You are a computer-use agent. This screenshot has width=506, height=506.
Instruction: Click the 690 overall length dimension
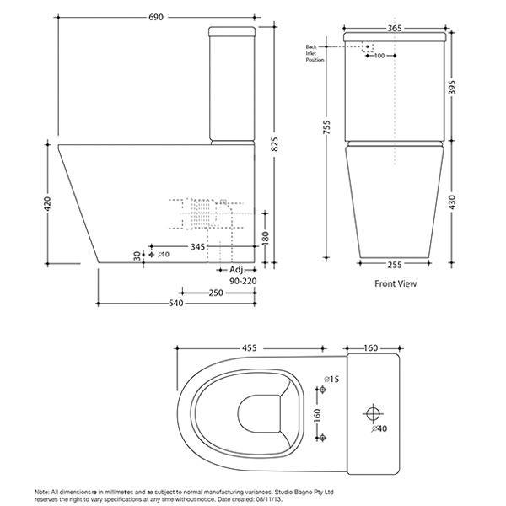tap(159, 16)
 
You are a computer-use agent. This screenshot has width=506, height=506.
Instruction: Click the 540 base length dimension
tap(175, 303)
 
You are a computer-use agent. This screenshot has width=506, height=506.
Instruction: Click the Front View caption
tap(396, 284)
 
